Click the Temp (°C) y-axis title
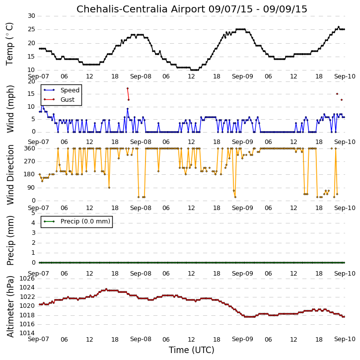click(9, 44)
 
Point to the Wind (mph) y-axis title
click(10, 109)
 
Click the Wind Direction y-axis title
click(10, 175)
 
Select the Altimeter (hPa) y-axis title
click(10, 306)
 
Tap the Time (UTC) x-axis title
click(192, 350)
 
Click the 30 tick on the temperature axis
click(31, 16)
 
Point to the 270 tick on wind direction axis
click(30, 161)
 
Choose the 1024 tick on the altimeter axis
click(27, 288)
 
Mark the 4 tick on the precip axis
click(33, 223)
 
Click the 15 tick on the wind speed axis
click(31, 94)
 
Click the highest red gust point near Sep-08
click(128, 88)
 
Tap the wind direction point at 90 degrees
click(109, 188)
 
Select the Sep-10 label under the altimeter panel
click(345, 339)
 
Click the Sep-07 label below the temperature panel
click(38, 76)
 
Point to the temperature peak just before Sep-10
click(339, 27)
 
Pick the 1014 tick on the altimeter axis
click(27, 333)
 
